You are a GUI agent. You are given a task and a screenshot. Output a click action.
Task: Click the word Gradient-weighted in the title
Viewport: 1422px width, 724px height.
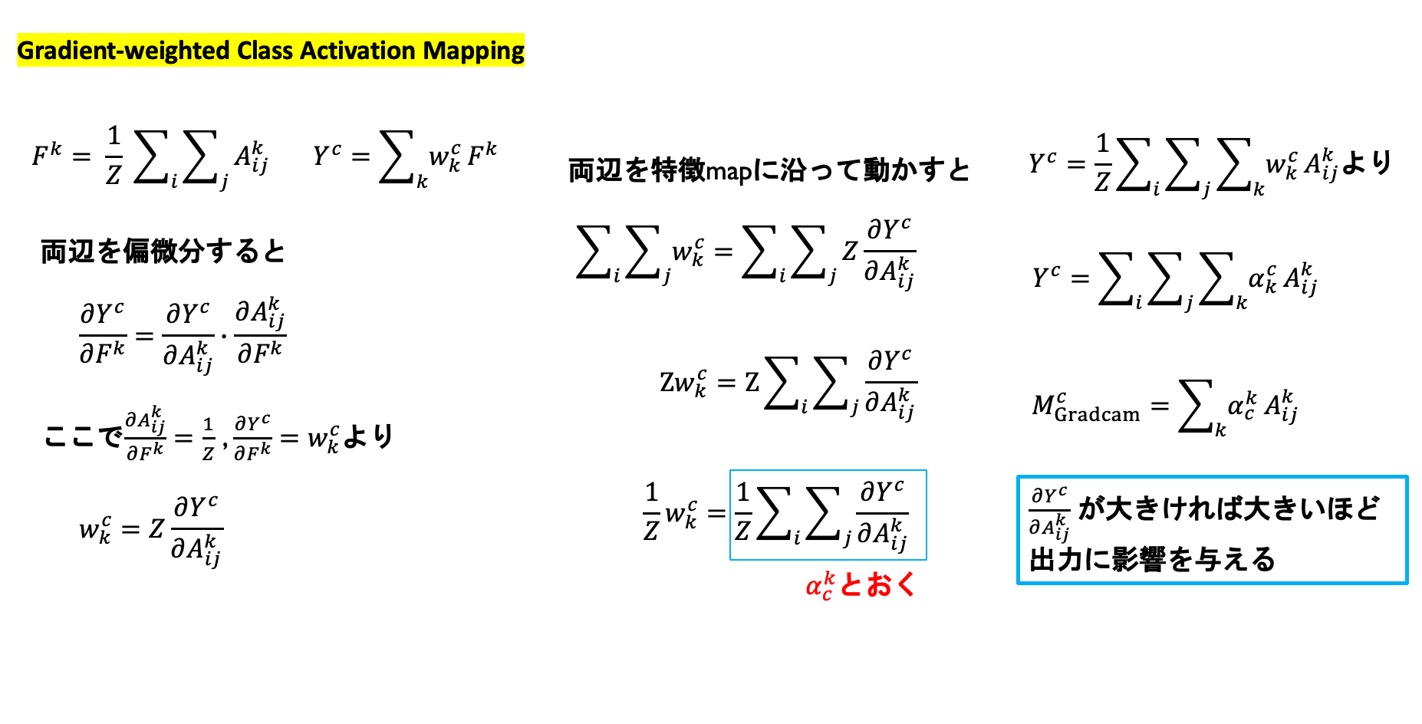tap(123, 51)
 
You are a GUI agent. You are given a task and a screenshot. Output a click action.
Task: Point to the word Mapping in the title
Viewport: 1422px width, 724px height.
tap(473, 51)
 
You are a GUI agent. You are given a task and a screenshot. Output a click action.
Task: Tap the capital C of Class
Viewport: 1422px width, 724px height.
tap(244, 51)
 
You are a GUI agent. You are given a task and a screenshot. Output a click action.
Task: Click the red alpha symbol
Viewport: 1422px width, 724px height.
tap(814, 587)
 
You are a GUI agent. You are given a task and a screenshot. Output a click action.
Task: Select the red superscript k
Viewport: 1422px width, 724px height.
tap(828, 577)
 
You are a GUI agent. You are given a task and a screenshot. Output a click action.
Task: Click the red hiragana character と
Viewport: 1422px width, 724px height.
tap(851, 585)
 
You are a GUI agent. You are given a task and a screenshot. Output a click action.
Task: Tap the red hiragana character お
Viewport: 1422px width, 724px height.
tap(879, 585)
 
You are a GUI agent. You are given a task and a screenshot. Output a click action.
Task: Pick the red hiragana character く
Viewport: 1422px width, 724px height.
tap(906, 585)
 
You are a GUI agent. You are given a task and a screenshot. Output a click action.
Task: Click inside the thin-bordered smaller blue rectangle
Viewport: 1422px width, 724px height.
tap(828, 515)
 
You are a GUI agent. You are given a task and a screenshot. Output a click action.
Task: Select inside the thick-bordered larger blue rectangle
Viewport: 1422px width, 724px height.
tap(1212, 530)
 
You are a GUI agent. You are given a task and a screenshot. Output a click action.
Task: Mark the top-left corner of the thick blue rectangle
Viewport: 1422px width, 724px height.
tap(1019, 477)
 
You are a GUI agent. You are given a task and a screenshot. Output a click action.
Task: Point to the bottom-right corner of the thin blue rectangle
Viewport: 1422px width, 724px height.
tap(927, 559)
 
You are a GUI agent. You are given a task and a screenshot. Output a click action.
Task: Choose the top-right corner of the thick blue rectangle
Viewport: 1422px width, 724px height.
tap(1407, 477)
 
